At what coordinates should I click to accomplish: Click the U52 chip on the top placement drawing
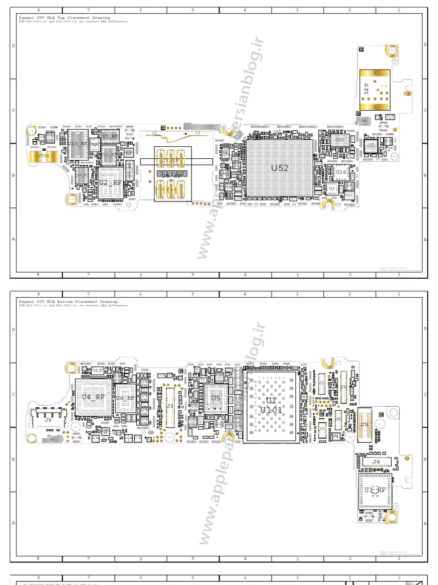click(x=279, y=168)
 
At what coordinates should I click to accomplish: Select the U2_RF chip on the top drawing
click(x=110, y=182)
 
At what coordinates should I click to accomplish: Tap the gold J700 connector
click(x=43, y=155)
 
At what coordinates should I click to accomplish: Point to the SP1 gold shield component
click(x=375, y=90)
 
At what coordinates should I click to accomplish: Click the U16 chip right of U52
click(x=341, y=172)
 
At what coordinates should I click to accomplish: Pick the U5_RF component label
click(x=110, y=137)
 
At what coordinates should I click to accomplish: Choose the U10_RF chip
click(x=78, y=144)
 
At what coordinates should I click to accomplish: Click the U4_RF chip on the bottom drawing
click(x=93, y=396)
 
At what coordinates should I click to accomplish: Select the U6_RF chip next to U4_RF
click(x=125, y=398)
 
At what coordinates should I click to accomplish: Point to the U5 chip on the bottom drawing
click(x=216, y=398)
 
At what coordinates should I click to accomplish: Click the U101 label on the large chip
click(x=271, y=410)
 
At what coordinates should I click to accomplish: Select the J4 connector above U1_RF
click(x=375, y=461)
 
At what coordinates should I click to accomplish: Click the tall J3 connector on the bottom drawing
click(x=170, y=406)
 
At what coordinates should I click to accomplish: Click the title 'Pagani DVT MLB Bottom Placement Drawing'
click(x=67, y=301)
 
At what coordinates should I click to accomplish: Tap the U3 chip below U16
click(x=332, y=187)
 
